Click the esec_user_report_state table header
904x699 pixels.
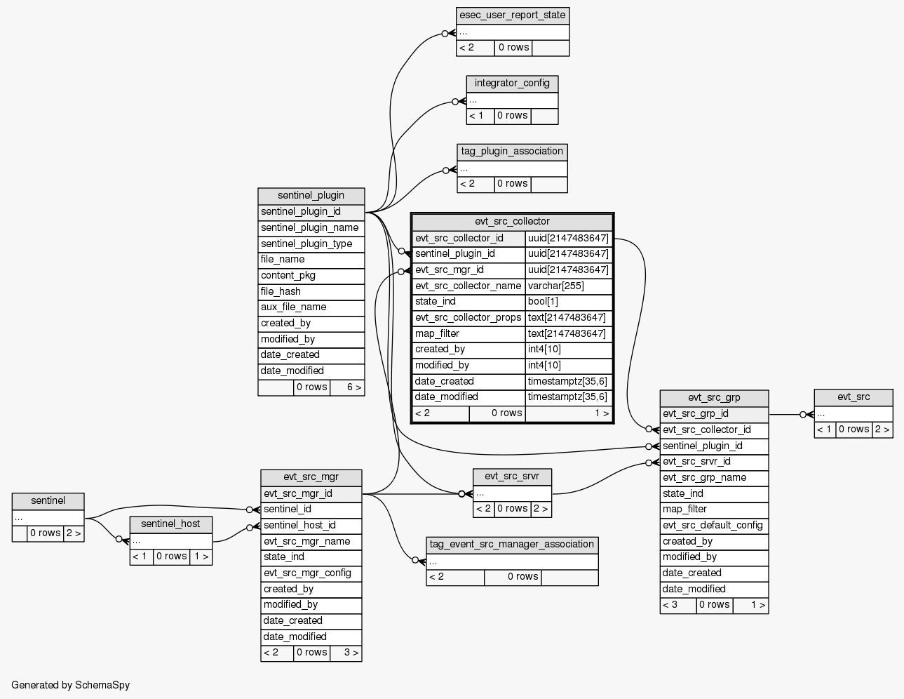pyautogui.click(x=512, y=15)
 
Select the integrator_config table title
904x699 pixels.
pyautogui.click(x=512, y=84)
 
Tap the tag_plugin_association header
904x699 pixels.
pyautogui.click(x=512, y=152)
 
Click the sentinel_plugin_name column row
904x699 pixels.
pyautogui.click(x=311, y=228)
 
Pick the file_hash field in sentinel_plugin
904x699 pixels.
pyautogui.click(x=311, y=291)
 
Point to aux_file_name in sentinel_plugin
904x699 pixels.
pyautogui.click(x=311, y=307)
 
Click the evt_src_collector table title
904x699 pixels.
pyautogui.click(x=512, y=222)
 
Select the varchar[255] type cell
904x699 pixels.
pyautogui.click(x=568, y=286)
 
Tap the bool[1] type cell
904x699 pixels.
pyautogui.click(x=568, y=302)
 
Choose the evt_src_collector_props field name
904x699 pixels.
pyautogui.click(x=468, y=318)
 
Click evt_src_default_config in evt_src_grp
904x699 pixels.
pyautogui.click(x=713, y=526)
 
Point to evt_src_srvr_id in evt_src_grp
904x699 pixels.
pyautogui.click(x=713, y=462)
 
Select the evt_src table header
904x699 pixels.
pyautogui.click(x=853, y=397)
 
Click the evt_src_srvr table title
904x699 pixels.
pyautogui.click(x=512, y=477)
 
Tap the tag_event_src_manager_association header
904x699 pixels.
pyautogui.click(x=512, y=545)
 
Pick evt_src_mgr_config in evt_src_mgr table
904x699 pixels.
pyautogui.click(x=311, y=573)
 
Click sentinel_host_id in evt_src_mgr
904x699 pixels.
pyautogui.click(x=311, y=526)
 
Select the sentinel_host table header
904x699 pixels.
pyautogui.click(x=170, y=524)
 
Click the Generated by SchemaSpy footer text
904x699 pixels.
pyautogui.click(x=71, y=685)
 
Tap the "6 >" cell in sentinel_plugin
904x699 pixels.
pyautogui.click(x=347, y=387)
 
